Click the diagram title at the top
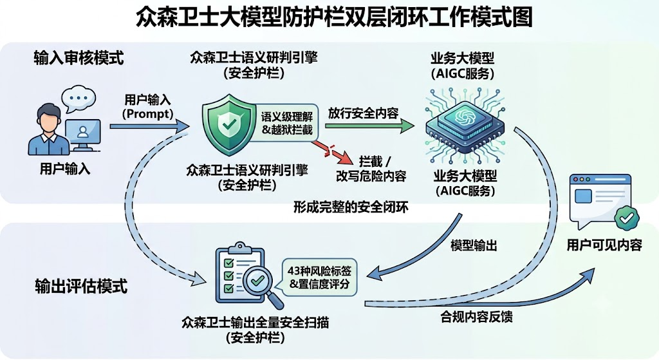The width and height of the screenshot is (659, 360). pyautogui.click(x=334, y=17)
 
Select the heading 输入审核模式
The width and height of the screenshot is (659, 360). pyautogui.click(x=79, y=57)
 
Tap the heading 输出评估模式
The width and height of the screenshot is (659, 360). pyautogui.click(x=80, y=286)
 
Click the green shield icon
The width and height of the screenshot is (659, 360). pyautogui.click(x=229, y=125)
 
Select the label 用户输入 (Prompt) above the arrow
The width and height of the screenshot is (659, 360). pyautogui.click(x=147, y=107)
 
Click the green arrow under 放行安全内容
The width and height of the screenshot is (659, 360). pyautogui.click(x=369, y=126)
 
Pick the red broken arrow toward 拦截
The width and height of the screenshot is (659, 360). pyautogui.click(x=332, y=152)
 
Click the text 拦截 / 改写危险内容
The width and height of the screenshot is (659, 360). pyautogui.click(x=371, y=168)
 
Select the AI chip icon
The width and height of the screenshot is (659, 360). pyautogui.click(x=464, y=125)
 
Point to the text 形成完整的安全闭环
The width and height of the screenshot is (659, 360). pyautogui.click(x=351, y=207)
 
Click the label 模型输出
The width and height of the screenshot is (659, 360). pyautogui.click(x=474, y=245)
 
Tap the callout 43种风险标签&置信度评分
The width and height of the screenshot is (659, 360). pyautogui.click(x=319, y=278)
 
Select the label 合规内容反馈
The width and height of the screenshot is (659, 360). pyautogui.click(x=476, y=317)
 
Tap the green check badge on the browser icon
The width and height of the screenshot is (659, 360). pyautogui.click(x=626, y=218)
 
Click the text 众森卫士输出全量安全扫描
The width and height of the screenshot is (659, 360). pyautogui.click(x=255, y=323)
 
